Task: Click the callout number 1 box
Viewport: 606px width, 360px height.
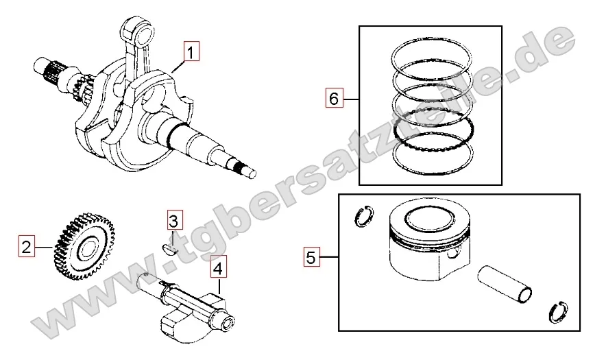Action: tap(191, 51)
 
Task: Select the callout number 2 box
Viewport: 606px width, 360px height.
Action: tap(26, 246)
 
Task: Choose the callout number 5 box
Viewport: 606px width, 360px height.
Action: tap(311, 256)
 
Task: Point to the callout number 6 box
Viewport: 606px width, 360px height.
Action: tap(334, 98)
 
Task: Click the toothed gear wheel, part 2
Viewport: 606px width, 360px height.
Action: tap(84, 246)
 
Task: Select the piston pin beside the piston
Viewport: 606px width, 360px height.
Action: tap(505, 284)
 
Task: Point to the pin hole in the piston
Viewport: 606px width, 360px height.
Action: tap(453, 256)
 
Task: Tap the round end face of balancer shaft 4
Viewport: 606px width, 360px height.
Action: tap(228, 320)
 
